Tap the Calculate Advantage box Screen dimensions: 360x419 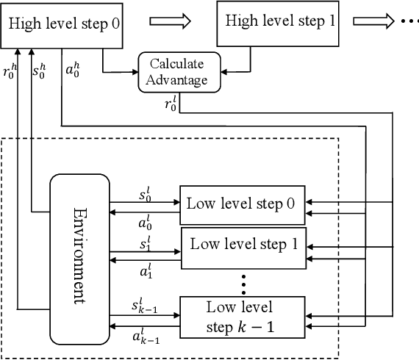[179, 73]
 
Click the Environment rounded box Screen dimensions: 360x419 [79, 256]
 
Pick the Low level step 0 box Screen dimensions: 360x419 [242, 203]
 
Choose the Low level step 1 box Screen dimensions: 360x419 [243, 245]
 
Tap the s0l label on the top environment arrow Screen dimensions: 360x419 [145, 195]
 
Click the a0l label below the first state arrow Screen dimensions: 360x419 [145, 220]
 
